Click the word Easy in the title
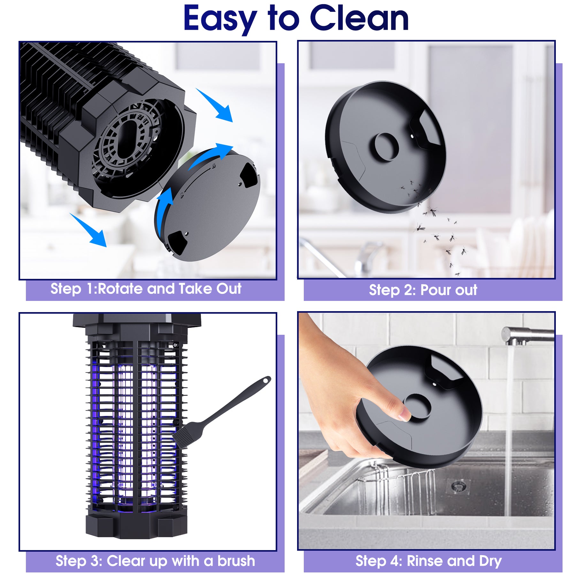pyautogui.click(x=220, y=19)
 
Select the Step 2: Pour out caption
pyautogui.click(x=423, y=290)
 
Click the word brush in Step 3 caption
pyautogui.click(x=236, y=561)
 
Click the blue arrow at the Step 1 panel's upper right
pyautogui.click(x=216, y=105)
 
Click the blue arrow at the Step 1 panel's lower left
pyautogui.click(x=89, y=230)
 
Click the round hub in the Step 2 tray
pyautogui.click(x=387, y=147)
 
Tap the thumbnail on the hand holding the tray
pyautogui.click(x=404, y=415)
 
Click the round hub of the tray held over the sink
pyautogui.click(x=417, y=406)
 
